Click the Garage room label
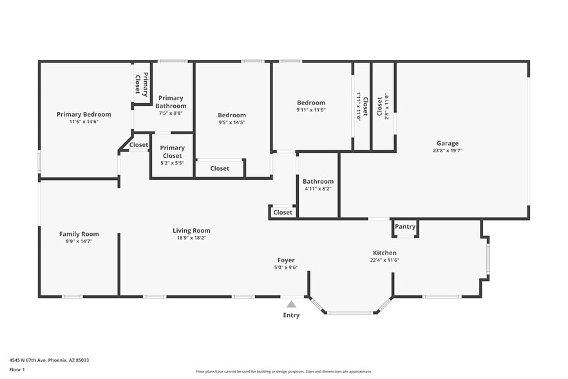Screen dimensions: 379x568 446,144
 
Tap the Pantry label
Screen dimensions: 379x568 405,227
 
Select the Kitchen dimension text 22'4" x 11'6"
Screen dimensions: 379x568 385,260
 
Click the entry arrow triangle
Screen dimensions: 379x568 291,304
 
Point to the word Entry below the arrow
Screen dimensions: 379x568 291,315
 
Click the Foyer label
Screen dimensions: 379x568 286,260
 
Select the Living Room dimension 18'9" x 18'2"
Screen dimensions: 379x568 191,238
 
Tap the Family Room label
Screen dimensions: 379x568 79,234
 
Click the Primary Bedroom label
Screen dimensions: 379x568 84,114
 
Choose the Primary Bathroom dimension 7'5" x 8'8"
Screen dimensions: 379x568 171,113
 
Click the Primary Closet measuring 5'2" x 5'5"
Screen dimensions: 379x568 172,155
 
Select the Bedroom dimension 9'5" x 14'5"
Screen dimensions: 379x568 231,122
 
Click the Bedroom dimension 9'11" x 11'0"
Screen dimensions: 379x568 310,110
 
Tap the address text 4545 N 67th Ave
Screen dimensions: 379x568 49,360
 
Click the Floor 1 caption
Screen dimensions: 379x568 17,369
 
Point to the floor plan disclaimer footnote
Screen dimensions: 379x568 283,371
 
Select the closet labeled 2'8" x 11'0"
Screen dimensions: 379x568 383,106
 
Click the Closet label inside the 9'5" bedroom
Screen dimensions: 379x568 220,169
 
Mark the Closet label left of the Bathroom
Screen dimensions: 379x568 283,212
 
